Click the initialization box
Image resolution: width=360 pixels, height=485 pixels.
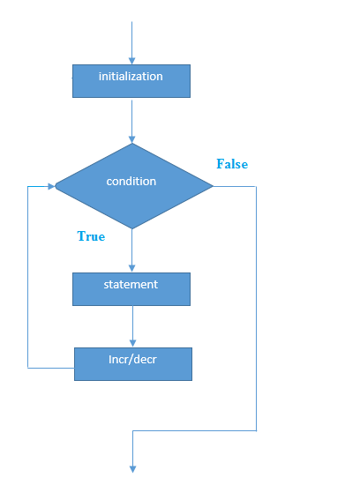coord(131,81)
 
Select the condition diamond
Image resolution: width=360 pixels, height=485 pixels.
coord(134,186)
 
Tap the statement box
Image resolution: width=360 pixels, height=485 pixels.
coord(131,289)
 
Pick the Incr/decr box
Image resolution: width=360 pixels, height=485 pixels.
coord(133,364)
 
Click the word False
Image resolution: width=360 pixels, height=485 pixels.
coord(232,164)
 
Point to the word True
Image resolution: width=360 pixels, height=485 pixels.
coord(91,236)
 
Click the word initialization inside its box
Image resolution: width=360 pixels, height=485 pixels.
coord(131,76)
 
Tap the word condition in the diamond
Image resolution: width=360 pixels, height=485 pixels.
coord(131,181)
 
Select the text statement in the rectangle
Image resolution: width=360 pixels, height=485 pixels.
coord(131,284)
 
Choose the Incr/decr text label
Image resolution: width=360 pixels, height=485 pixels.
coord(132,360)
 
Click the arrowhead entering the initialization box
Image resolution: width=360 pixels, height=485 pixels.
coord(131,61)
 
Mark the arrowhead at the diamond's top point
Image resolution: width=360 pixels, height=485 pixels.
coord(131,139)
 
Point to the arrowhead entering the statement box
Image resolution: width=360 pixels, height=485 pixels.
coord(131,268)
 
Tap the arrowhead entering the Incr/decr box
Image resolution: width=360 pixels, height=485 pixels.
coord(133,343)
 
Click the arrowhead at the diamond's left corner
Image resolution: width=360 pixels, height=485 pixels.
coord(51,186)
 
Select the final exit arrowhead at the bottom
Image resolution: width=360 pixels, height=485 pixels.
coord(133,469)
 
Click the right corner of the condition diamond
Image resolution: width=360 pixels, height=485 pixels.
coord(214,186)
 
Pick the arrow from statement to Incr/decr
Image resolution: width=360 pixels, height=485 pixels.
coord(133,326)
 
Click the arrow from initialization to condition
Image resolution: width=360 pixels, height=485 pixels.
coord(131,122)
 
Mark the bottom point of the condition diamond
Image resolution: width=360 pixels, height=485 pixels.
coord(132,229)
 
